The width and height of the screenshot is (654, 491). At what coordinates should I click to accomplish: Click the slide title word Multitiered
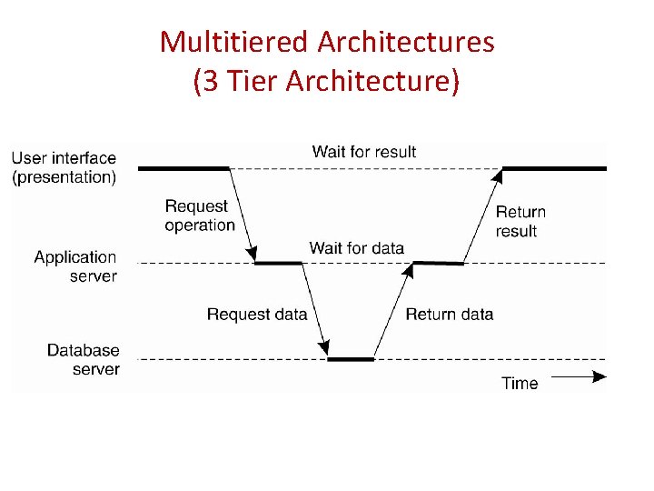click(x=235, y=42)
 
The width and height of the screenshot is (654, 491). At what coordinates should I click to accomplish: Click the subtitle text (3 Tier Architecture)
click(x=327, y=81)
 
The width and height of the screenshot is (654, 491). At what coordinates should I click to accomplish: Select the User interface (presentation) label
click(x=64, y=168)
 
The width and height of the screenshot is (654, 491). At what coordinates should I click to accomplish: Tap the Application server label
click(x=75, y=266)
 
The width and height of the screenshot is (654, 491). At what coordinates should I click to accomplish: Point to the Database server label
click(x=83, y=359)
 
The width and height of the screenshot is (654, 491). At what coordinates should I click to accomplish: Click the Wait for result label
click(x=363, y=151)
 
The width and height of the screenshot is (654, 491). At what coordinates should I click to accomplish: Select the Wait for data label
click(x=356, y=247)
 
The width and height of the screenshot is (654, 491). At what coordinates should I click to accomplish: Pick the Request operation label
click(x=199, y=215)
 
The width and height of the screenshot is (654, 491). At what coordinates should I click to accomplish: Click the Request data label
click(x=257, y=315)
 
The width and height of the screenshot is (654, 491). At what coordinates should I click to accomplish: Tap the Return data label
click(x=449, y=315)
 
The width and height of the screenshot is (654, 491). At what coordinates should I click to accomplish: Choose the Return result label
click(x=520, y=221)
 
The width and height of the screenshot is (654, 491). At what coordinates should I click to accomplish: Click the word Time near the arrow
click(x=520, y=383)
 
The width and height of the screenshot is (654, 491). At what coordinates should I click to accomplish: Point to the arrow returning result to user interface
click(x=481, y=216)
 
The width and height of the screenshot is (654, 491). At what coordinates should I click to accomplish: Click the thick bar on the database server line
click(x=351, y=359)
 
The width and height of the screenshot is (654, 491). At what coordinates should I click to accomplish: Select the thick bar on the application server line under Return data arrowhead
click(x=439, y=263)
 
